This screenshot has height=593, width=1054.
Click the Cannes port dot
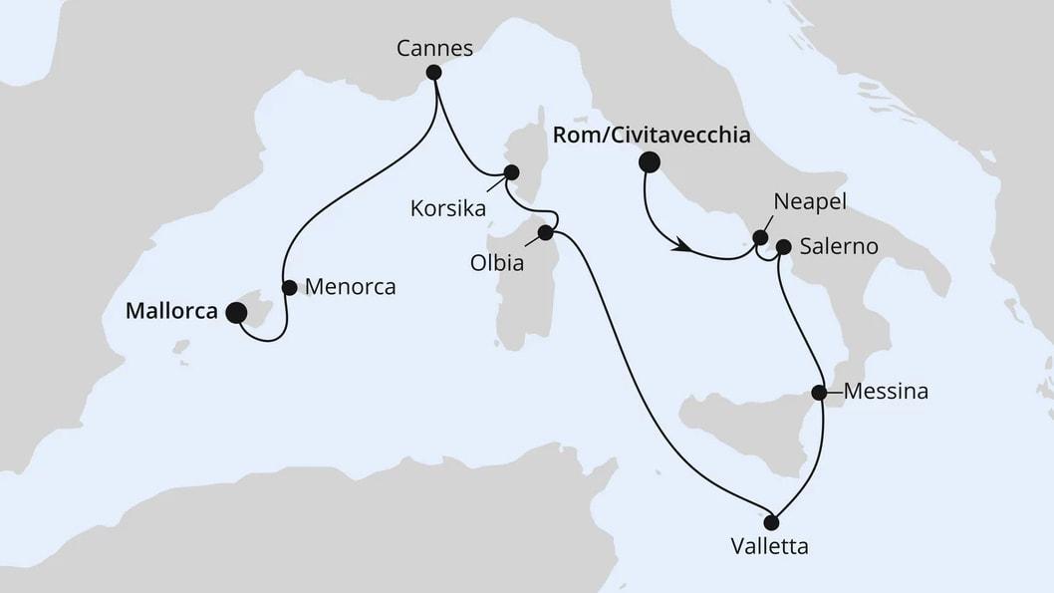coord(433,72)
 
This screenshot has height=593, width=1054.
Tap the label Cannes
coord(433,47)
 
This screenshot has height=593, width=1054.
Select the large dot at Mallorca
coord(236,313)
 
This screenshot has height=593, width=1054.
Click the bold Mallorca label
coord(172,311)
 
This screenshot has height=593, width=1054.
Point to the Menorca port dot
coord(289,287)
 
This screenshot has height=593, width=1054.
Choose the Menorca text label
coord(351,287)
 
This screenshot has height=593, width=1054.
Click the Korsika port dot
coord(511,172)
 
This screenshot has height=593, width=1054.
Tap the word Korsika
coord(447,209)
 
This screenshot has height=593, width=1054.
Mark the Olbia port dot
coord(545,233)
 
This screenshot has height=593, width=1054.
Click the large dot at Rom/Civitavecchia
coord(650,161)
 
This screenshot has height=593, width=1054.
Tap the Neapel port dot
coord(760,238)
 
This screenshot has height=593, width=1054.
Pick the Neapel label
coord(810,202)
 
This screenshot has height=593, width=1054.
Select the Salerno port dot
coord(783,246)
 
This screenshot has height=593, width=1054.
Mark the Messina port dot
coord(819,393)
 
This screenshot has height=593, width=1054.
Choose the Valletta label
coord(770,546)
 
